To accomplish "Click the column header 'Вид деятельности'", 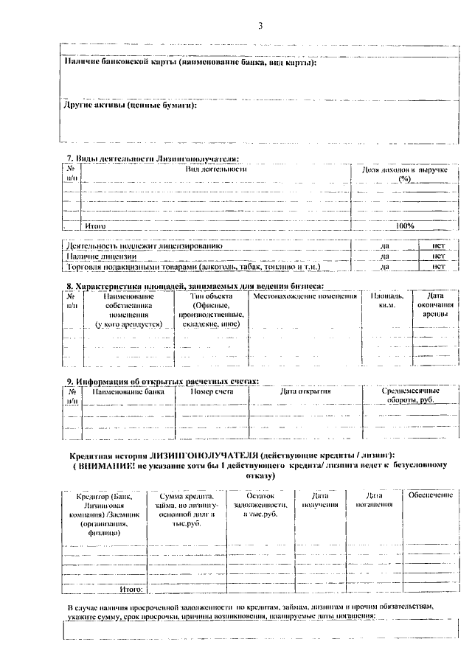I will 215,170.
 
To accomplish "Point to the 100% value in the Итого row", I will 405,226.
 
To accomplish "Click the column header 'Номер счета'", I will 212,391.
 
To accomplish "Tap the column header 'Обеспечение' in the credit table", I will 429,495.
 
